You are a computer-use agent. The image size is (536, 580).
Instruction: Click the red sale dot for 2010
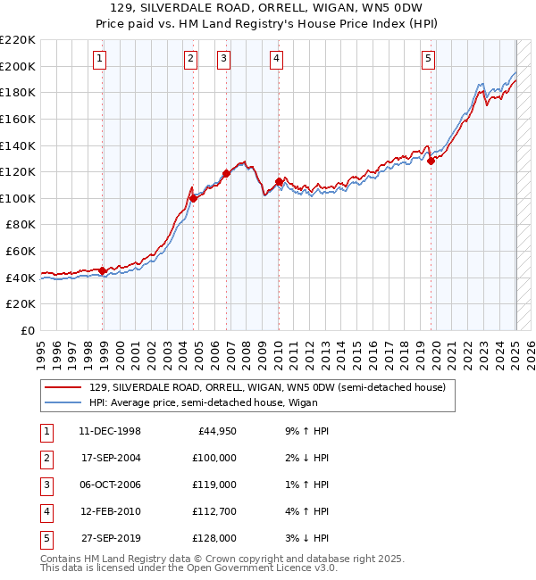pos(279,182)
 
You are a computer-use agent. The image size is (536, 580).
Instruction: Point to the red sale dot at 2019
pos(431,162)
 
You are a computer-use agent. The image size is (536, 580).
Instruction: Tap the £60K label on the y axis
pos(21,251)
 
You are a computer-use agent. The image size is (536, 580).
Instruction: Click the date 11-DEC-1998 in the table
pos(110,431)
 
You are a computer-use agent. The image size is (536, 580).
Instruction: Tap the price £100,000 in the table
pos(214,458)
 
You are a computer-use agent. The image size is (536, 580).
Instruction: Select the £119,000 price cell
pos(214,485)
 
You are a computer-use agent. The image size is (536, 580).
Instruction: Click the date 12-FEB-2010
pos(110,511)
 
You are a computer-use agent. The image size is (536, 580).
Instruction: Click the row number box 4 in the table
pos(46,511)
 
